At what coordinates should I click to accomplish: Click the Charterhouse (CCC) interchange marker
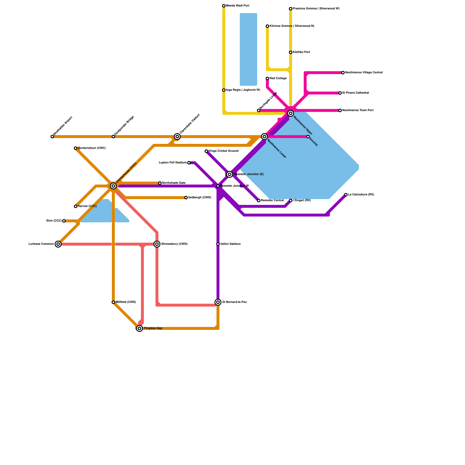113,186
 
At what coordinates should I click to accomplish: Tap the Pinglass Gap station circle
139,328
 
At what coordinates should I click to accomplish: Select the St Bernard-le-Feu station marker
218,302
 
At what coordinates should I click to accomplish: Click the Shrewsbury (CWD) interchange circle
157,244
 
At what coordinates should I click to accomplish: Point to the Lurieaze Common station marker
58,244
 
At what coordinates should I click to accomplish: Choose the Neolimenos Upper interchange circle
291,113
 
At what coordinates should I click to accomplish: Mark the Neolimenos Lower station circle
264,137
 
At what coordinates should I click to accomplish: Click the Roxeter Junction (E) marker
230,174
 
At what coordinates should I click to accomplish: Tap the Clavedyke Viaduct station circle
177,137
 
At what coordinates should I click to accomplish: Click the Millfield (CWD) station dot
113,302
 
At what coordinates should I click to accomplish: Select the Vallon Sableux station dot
218,244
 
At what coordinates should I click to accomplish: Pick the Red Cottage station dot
267,78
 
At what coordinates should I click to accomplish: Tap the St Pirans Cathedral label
355,93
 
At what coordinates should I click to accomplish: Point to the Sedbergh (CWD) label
200,198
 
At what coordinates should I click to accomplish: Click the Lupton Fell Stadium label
173,163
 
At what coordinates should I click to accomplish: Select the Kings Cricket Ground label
223,151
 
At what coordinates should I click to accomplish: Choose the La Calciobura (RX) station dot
346,195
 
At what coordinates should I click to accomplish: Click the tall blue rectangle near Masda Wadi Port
248,49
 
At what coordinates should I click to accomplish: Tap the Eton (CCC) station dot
64,221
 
